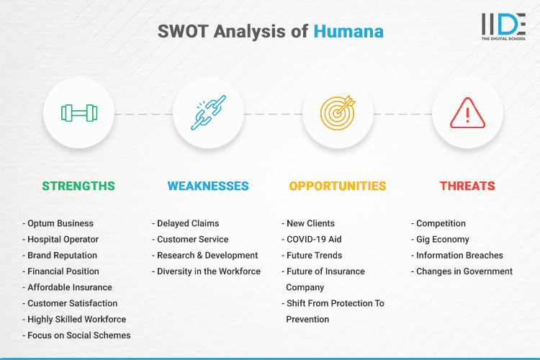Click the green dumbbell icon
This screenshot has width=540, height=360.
click(78, 113)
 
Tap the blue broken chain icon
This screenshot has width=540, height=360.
click(208, 113)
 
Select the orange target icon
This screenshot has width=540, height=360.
click(338, 113)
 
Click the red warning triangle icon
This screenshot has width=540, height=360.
click(467, 113)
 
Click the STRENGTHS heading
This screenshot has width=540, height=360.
click(78, 186)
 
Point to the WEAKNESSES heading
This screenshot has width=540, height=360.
click(208, 186)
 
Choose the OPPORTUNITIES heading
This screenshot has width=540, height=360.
click(338, 186)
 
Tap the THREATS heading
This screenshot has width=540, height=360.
click(467, 186)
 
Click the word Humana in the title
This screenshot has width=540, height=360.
click(348, 32)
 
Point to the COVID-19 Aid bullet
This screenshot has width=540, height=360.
click(314, 239)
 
